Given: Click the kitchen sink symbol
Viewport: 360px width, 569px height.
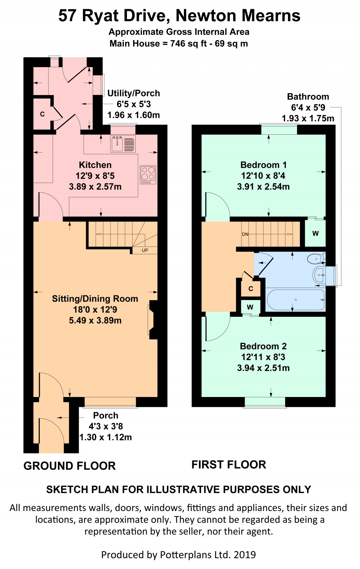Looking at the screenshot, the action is pos(123,144).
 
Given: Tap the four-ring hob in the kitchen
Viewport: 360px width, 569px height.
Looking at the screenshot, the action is pos(148,175).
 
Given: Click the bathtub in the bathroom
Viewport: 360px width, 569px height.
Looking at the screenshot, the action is pos(296,300).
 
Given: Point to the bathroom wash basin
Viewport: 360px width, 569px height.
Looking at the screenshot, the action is pos(319,275).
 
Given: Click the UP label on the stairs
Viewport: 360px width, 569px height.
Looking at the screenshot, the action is pos(145,250).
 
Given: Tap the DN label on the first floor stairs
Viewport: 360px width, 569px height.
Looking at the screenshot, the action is pos(245,235).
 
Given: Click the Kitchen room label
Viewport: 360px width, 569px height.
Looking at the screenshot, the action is pos(95,165).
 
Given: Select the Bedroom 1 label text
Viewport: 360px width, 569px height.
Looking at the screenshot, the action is pos(264,165).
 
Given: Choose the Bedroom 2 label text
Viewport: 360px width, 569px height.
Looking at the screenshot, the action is pos(263,346).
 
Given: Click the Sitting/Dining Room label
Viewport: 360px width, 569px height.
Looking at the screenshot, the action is pos(95,299).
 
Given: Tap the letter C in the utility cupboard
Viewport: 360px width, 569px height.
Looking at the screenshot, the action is pos(43,114).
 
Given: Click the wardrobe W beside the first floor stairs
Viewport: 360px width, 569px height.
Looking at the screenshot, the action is pos(316,234).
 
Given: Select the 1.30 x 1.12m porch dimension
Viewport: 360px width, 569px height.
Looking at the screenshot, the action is pos(105,437).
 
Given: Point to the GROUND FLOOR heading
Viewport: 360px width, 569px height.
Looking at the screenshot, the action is pos(70,466).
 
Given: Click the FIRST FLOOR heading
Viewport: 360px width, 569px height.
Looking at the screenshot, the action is pos(229,465).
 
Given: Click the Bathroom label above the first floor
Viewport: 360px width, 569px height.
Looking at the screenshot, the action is pos(308,97).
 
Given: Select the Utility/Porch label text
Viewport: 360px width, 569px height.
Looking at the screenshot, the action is pos(134,94).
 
